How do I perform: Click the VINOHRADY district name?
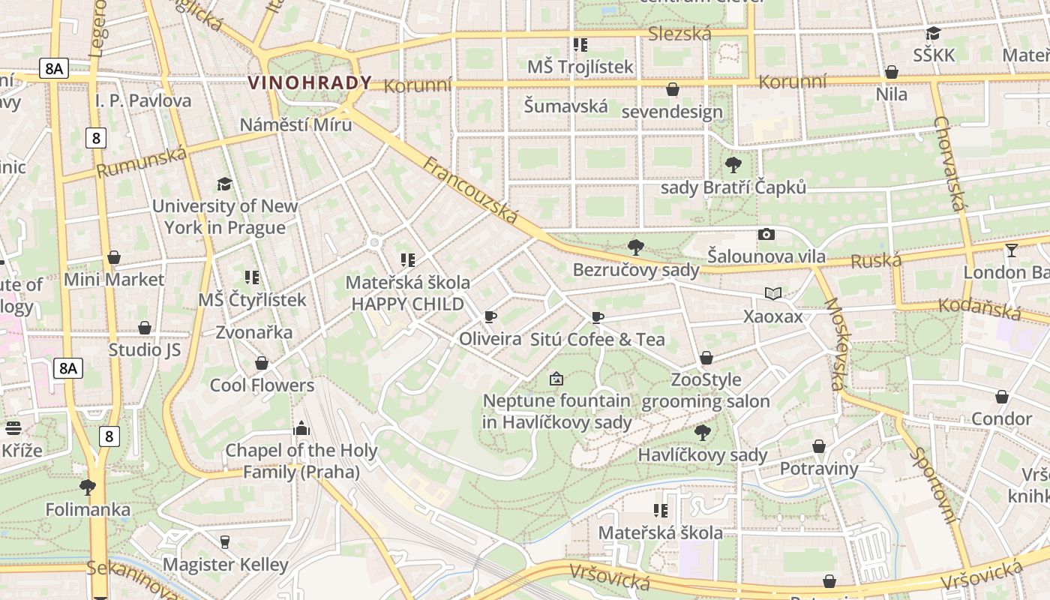[x=310, y=82]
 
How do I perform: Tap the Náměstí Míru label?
[x=295, y=124]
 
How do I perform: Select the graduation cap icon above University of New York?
[x=224, y=184]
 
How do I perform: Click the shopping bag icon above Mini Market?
[x=114, y=257]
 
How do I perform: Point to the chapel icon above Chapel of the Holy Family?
[x=301, y=428]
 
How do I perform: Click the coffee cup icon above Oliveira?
[x=490, y=316]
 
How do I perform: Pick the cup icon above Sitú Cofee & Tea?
[x=598, y=317]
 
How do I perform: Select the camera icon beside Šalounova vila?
[x=766, y=234]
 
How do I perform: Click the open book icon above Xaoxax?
[x=773, y=293]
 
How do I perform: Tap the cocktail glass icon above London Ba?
[x=1012, y=250]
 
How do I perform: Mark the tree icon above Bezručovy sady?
[x=636, y=247]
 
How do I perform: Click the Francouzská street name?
[x=470, y=190]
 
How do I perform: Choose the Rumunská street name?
[x=142, y=163]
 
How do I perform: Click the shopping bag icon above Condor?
[x=1002, y=396]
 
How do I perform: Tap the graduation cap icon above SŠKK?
[x=934, y=33]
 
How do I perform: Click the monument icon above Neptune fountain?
[x=556, y=379]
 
